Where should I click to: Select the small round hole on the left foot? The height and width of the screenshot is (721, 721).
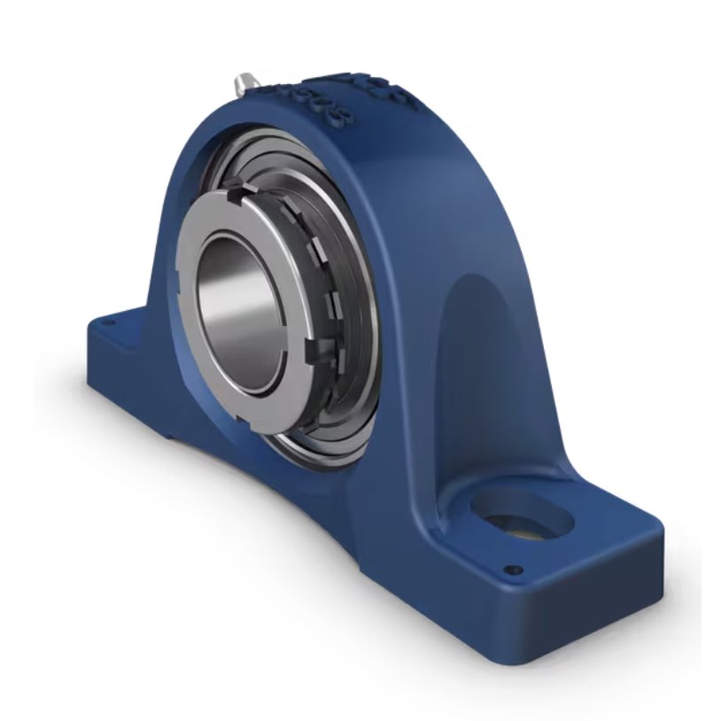tap(110, 324)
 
